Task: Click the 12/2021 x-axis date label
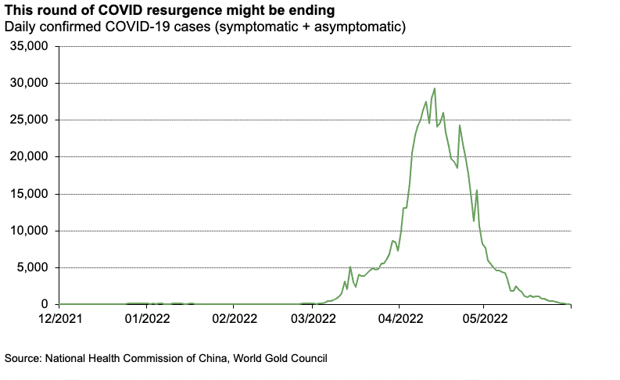pos(59,319)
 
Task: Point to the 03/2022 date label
pos(314,319)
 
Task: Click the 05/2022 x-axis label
pos(485,319)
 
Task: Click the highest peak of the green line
pos(434,89)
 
